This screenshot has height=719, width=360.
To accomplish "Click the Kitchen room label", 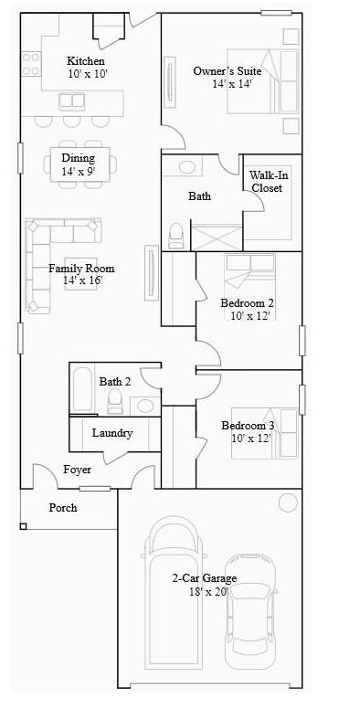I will point(80,61).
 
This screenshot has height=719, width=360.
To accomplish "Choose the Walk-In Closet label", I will point(267,182).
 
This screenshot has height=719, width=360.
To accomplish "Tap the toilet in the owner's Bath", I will point(176,235).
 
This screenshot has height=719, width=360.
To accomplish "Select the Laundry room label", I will point(112,433).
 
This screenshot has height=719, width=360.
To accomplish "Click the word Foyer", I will point(77,470).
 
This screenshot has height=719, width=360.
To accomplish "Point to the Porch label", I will point(63,508).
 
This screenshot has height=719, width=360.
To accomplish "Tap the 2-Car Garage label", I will point(204,578).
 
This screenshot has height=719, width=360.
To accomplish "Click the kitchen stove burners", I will point(29,64).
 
